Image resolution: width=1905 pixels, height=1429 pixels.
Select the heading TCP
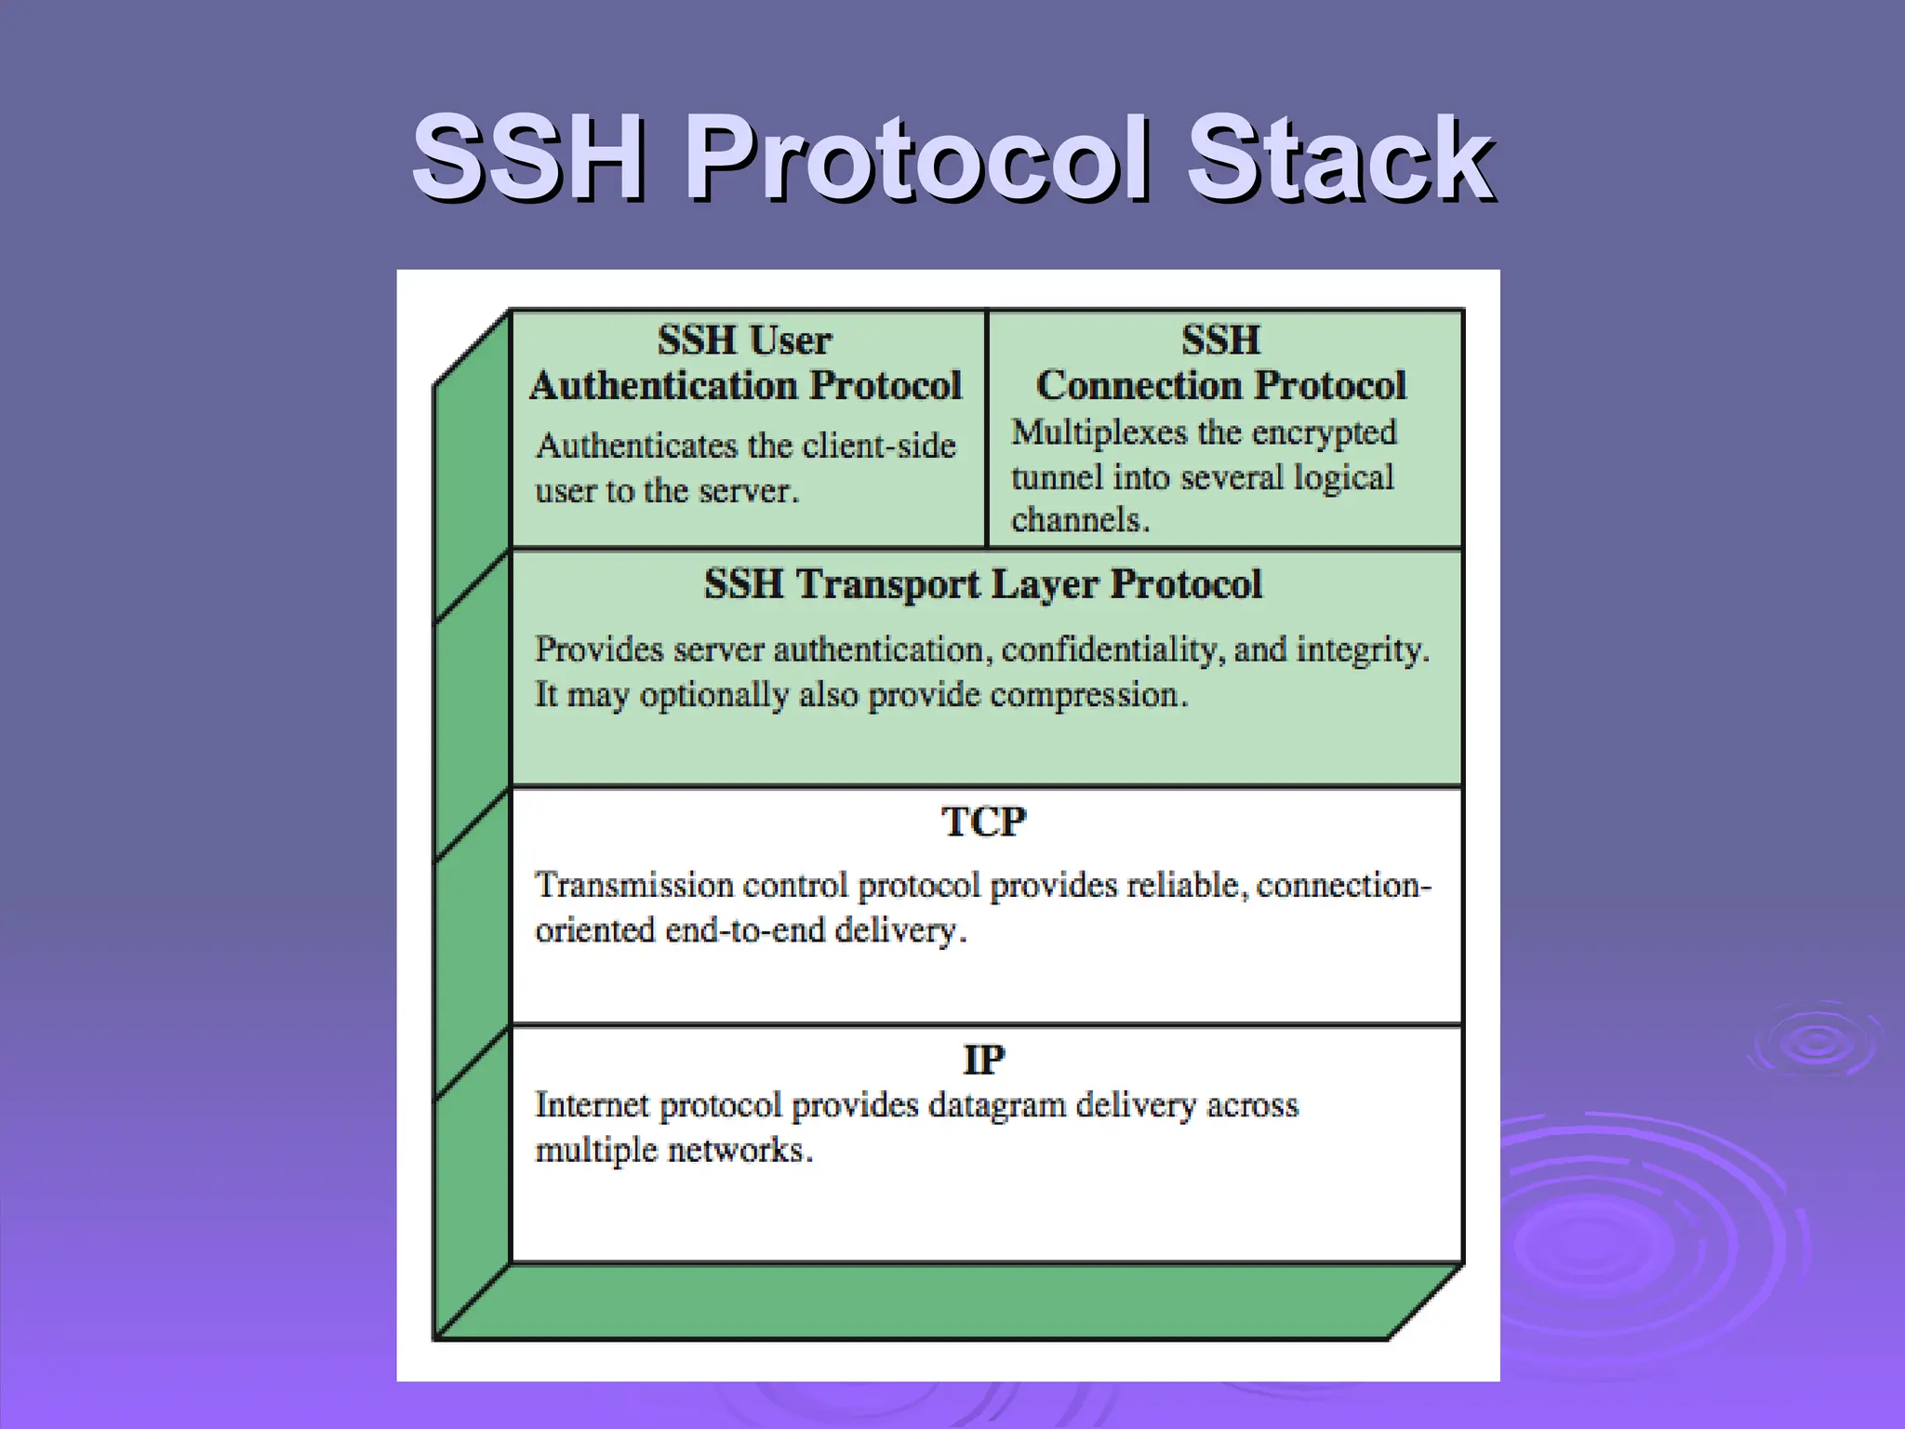coord(983,822)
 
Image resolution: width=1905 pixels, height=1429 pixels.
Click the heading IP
coord(983,1060)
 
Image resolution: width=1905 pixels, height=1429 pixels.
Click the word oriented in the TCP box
coord(595,930)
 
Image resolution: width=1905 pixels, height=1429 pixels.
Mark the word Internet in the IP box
coord(592,1105)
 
